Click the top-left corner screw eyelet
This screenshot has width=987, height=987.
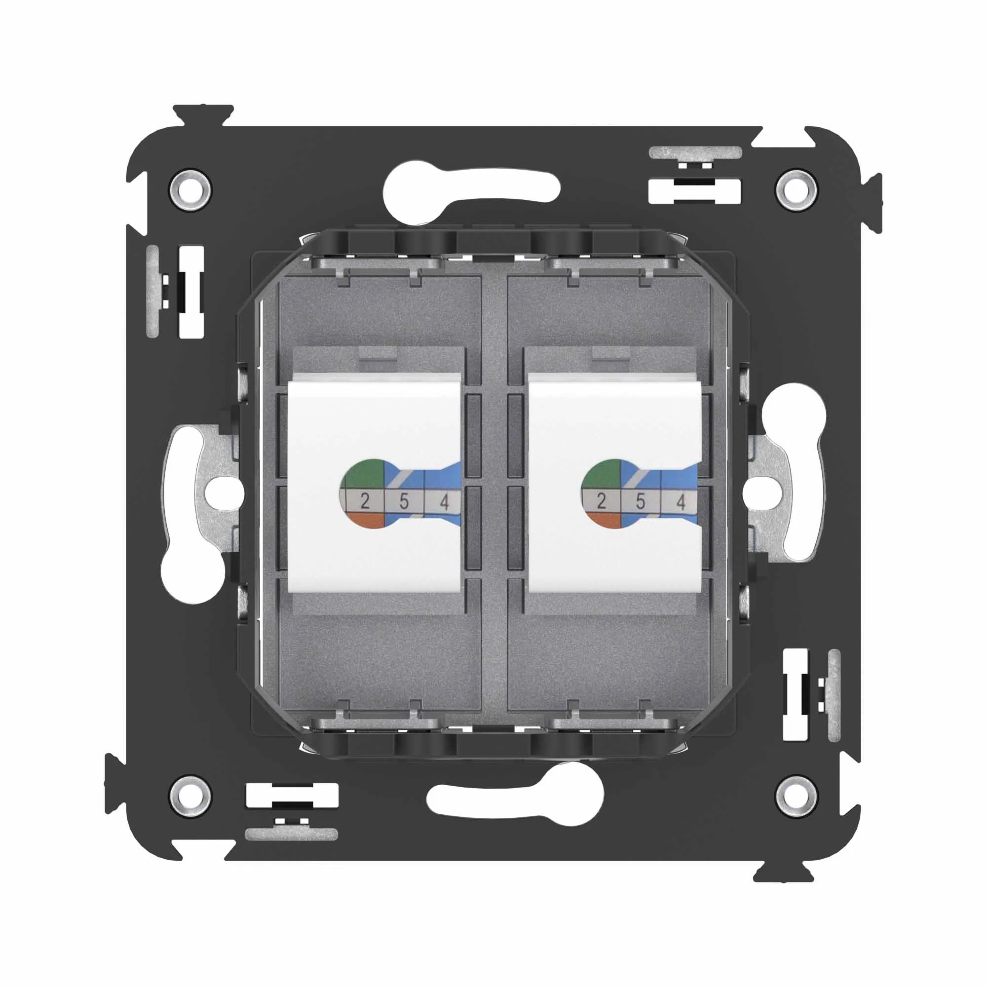[x=191, y=188]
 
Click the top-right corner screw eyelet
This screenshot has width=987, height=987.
[x=795, y=188]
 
